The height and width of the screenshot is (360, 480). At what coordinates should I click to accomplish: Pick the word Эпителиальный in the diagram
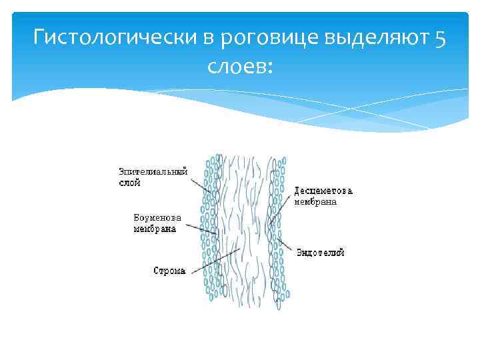[x=153, y=171]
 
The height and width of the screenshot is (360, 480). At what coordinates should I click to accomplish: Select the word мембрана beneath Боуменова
[x=155, y=229]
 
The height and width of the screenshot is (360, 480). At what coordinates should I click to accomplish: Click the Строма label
[x=169, y=271]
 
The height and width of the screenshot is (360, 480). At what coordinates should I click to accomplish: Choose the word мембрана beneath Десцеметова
[x=315, y=201]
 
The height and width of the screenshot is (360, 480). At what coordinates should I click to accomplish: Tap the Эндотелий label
[x=320, y=253]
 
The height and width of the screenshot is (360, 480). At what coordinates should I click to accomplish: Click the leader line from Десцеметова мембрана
[x=281, y=209]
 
